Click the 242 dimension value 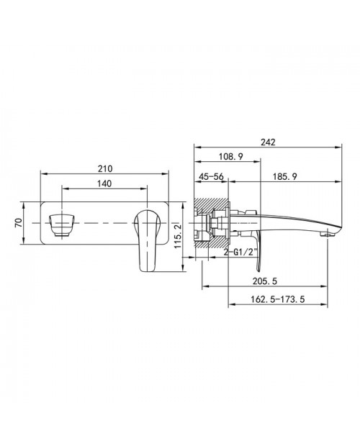pyautogui.click(x=268, y=142)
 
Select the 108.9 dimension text pyautogui.click(x=231, y=156)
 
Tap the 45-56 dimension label pyautogui.click(x=211, y=177)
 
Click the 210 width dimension pyautogui.click(x=105, y=168)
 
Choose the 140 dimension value pyautogui.click(x=104, y=183)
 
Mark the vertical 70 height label pyautogui.click(x=19, y=223)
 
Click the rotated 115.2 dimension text pyautogui.click(x=178, y=237)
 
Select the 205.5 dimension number pyautogui.click(x=265, y=281)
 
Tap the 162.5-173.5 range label pyautogui.click(x=278, y=299)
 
